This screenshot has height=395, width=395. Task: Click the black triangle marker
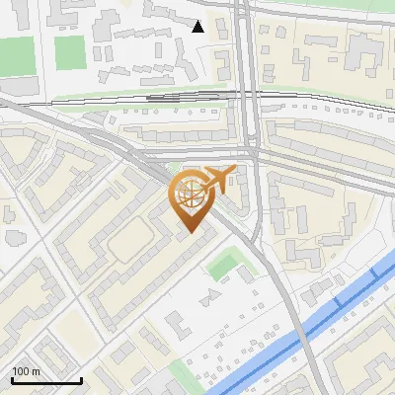198,27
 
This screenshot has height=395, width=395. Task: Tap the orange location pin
191,200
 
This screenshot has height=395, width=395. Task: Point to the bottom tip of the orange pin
190,233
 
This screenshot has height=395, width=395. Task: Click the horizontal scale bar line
45,381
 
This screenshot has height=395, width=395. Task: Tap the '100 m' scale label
27,371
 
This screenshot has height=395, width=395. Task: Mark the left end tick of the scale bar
11,378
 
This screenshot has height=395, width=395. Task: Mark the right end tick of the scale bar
81,378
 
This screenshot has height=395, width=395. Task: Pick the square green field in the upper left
70,52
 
